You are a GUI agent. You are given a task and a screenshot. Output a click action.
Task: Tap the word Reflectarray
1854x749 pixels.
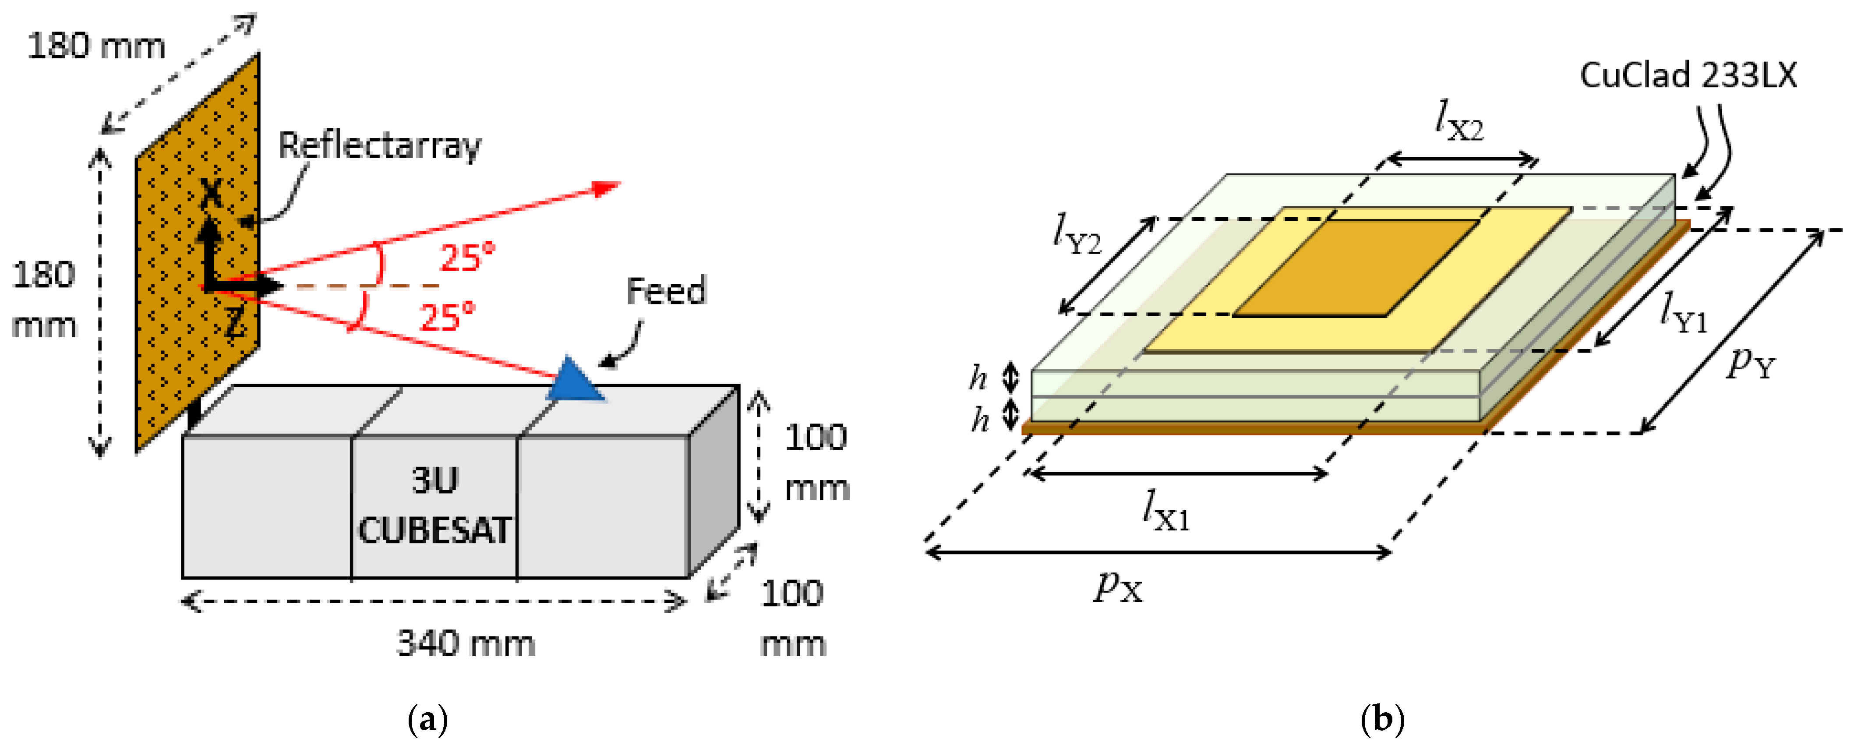tap(379, 146)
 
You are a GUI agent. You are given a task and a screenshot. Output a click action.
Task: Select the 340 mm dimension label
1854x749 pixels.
tap(466, 643)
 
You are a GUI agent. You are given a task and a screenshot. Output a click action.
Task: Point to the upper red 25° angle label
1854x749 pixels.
tap(467, 257)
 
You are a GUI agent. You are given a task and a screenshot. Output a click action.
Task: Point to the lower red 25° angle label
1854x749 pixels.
tap(447, 317)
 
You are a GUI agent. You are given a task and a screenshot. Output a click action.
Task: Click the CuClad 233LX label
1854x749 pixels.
tap(1688, 75)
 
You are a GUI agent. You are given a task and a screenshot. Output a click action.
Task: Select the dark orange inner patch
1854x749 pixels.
tap(1357, 268)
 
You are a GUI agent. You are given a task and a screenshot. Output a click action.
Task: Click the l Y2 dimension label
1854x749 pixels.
tap(1076, 235)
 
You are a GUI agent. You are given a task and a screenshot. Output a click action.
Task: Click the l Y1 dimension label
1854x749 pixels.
tap(1684, 313)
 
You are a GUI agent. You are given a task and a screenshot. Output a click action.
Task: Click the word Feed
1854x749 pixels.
tap(666, 291)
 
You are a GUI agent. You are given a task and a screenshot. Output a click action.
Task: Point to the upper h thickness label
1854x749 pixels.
tap(979, 377)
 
